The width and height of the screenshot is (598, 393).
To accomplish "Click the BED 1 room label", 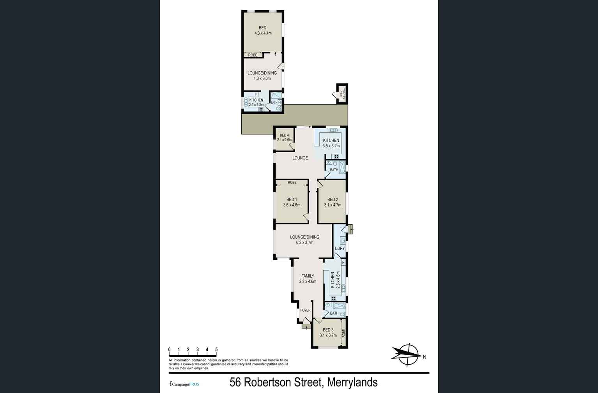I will point(292,199).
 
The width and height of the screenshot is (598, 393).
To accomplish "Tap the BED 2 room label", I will point(333,199).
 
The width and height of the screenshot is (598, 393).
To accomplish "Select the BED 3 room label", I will point(328,330).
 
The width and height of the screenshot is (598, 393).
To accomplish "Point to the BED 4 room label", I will point(284,135).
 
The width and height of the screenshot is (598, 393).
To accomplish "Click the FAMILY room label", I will point(308,276).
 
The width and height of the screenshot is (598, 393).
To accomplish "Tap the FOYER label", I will point(305,310).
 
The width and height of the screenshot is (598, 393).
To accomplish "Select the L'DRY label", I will point(340,248).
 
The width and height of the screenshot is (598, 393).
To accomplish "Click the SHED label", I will point(341,93).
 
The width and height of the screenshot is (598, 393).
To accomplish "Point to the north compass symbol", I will point(407,354).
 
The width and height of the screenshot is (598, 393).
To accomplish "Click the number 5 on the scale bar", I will point(216,349).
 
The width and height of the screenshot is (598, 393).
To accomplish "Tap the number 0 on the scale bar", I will point(169,349).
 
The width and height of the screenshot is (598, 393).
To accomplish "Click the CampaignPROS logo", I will point(184,384).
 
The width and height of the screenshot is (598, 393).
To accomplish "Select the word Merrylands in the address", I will point(352,382).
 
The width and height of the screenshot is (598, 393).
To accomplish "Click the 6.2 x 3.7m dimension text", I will point(304,242).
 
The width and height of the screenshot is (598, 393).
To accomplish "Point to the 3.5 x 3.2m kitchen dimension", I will point(331,146).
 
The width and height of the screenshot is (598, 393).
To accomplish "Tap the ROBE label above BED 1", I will point(292,182).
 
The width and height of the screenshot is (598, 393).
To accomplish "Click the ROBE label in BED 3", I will point(343,333).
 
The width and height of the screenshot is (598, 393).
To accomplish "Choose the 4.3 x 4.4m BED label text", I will point(263,33).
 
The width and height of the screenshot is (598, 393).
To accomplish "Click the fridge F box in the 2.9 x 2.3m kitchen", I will point(256,94).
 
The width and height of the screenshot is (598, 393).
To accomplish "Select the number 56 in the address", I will point(235,382).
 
